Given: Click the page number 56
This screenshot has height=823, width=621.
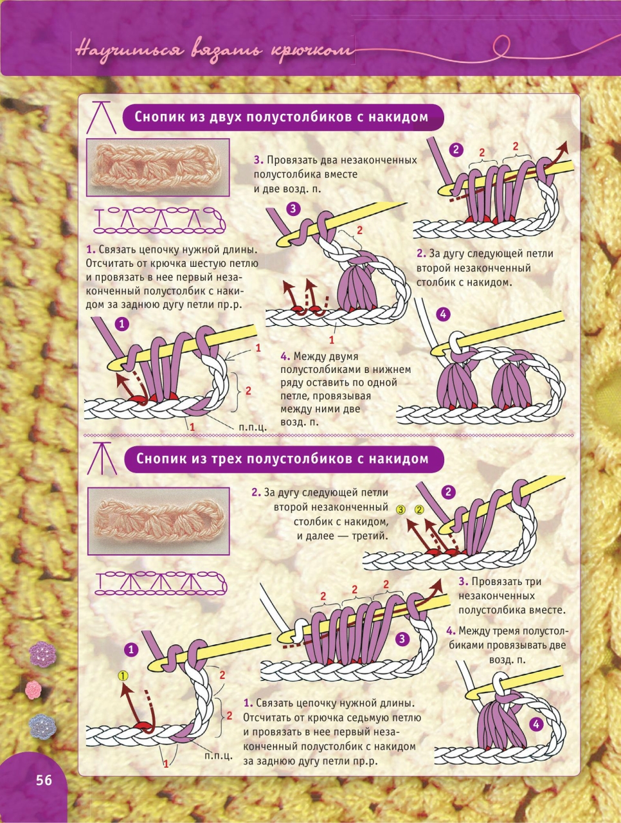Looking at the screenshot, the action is tap(44, 781).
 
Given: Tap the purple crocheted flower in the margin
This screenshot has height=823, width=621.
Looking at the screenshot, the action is tap(42, 655).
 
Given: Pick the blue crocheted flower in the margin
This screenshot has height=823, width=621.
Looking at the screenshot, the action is tap(42, 727).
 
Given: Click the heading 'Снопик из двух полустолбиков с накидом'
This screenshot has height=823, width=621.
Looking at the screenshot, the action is tap(281, 117).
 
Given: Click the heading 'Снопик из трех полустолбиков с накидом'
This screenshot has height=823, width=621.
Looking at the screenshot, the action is tap(282, 458).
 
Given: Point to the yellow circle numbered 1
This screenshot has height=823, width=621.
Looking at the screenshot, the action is tap(123, 676).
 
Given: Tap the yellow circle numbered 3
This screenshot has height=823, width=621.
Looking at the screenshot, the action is tap(401, 509).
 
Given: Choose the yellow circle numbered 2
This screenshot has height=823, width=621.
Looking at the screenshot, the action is tap(419, 509).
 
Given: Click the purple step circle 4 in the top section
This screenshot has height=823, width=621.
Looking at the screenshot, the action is tap(444, 314).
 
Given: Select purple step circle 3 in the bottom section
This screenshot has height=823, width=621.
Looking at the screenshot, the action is tap(402, 638).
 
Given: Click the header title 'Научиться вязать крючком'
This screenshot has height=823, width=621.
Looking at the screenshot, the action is tap(214, 51).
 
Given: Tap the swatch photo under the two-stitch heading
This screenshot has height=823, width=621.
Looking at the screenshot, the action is tap(157, 168).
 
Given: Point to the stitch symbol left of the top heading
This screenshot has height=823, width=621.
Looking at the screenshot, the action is tap(101, 117).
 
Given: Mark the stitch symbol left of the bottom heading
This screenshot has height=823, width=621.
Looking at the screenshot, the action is tap(102, 458).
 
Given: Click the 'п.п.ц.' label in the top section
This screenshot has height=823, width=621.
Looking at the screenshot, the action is tap(253, 427).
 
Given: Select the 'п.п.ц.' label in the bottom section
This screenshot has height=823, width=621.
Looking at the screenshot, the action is tap(218, 755).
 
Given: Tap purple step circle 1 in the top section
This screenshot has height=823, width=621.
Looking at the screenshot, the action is tap(122, 324).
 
